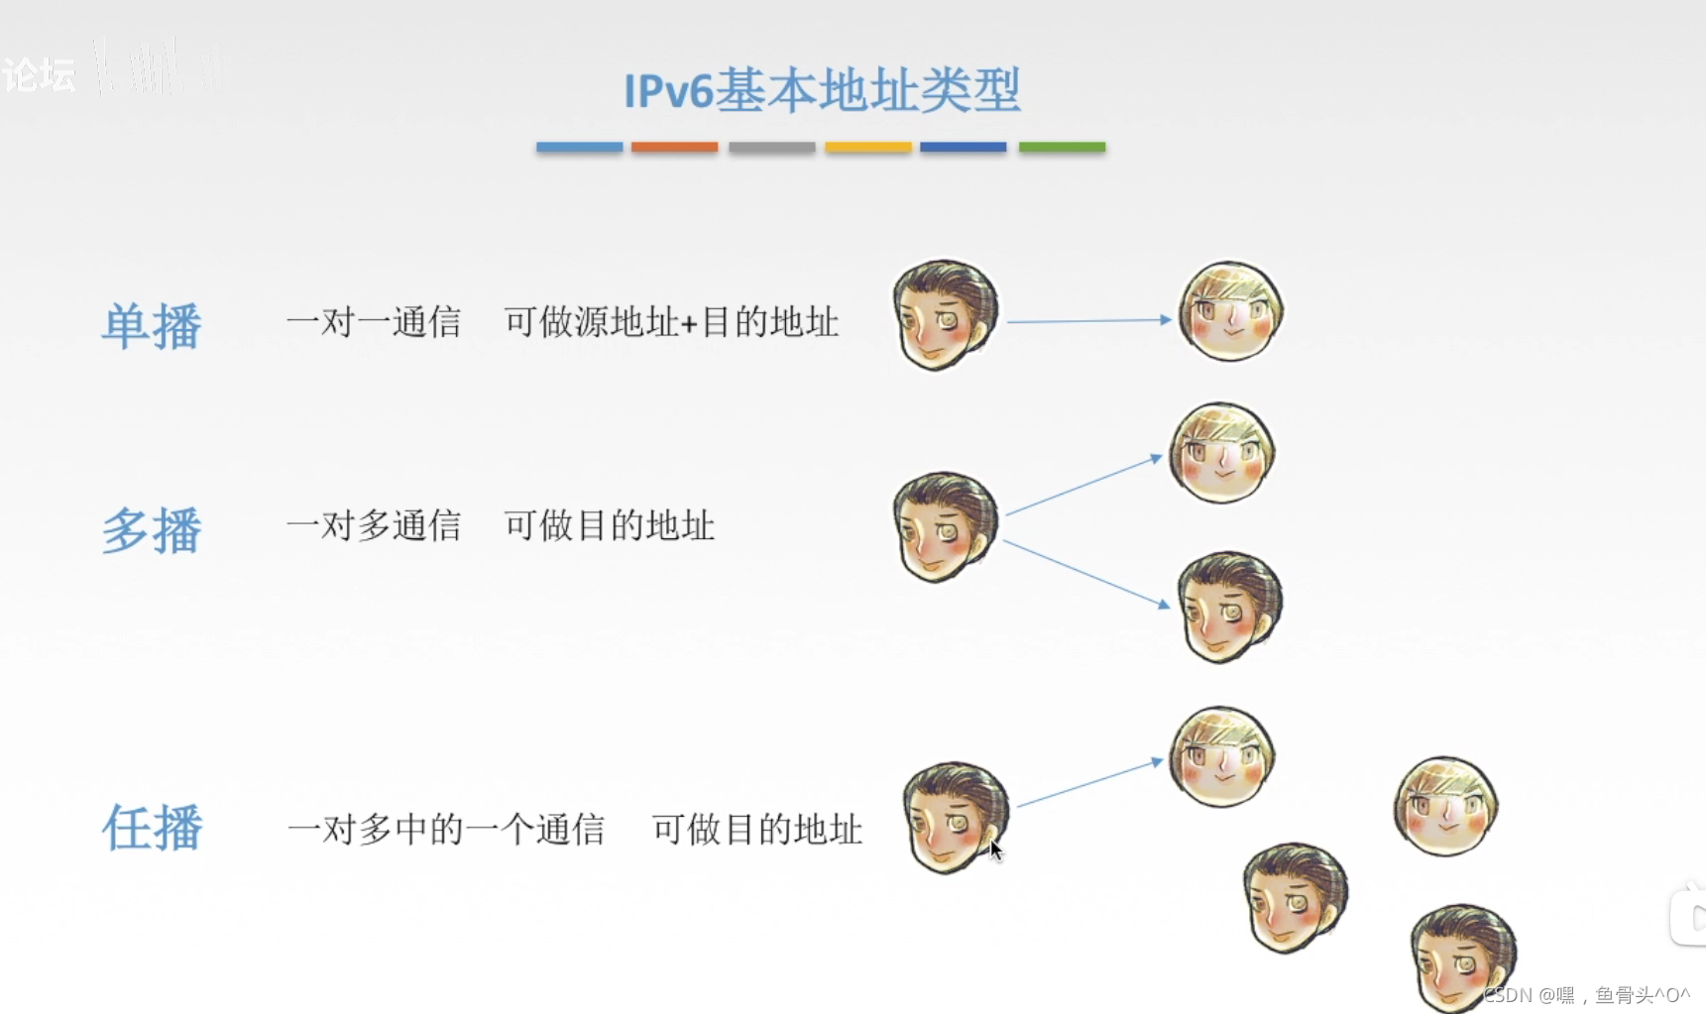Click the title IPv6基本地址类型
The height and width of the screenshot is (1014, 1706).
(x=822, y=90)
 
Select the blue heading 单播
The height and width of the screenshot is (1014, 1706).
(x=152, y=325)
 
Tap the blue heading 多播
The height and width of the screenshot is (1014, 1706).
(x=152, y=529)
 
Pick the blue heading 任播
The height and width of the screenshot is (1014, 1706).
(x=152, y=828)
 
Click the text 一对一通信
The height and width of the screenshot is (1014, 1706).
(x=374, y=322)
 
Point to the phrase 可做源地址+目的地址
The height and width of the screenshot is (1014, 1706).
(x=671, y=322)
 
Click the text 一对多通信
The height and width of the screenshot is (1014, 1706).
(x=374, y=525)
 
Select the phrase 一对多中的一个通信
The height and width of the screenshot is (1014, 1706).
(x=446, y=829)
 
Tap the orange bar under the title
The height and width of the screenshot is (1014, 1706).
(x=674, y=147)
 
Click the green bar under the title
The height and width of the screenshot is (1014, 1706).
(x=1062, y=147)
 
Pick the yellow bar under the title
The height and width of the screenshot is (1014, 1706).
(x=867, y=147)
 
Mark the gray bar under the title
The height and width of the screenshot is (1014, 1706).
(x=771, y=147)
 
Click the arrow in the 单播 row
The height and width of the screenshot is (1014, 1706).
(x=1088, y=320)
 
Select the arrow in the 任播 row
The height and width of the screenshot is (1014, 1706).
(x=1088, y=784)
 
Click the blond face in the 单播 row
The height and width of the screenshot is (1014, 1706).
(x=1230, y=311)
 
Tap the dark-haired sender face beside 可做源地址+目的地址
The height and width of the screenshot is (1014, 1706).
(x=945, y=314)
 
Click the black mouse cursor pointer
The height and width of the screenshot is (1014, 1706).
(x=995, y=850)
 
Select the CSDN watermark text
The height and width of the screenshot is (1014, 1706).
(x=1586, y=994)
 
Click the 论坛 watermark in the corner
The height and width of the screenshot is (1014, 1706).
(x=39, y=74)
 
